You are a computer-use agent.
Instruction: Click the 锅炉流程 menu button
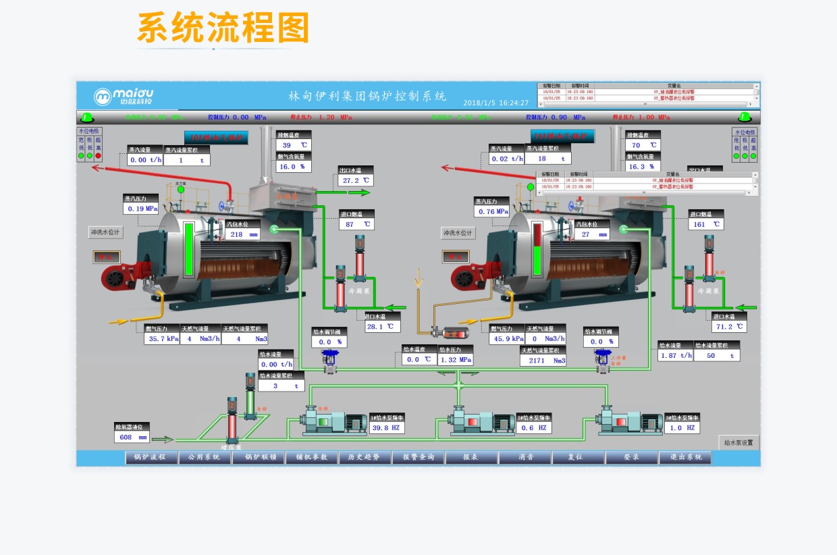151,457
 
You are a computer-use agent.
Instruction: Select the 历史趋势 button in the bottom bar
364,457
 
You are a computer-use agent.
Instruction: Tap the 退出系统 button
684,457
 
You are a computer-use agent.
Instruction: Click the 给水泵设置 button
739,443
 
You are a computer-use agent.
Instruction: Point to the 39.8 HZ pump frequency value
387,427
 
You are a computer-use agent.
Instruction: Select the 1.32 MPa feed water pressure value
456,359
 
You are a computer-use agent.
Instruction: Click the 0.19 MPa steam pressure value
141,209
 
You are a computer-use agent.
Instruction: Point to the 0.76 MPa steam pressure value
492,211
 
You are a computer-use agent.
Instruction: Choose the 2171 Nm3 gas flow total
543,361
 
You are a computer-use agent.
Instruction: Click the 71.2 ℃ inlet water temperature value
729,326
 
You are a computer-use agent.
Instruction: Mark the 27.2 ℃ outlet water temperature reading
356,180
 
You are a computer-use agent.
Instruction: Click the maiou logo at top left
124,96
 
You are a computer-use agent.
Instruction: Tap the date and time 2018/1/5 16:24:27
495,103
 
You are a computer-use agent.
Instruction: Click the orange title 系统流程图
223,28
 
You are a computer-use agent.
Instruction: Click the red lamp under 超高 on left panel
98,156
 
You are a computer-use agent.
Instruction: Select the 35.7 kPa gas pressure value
162,339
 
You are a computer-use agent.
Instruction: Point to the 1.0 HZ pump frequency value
682,427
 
